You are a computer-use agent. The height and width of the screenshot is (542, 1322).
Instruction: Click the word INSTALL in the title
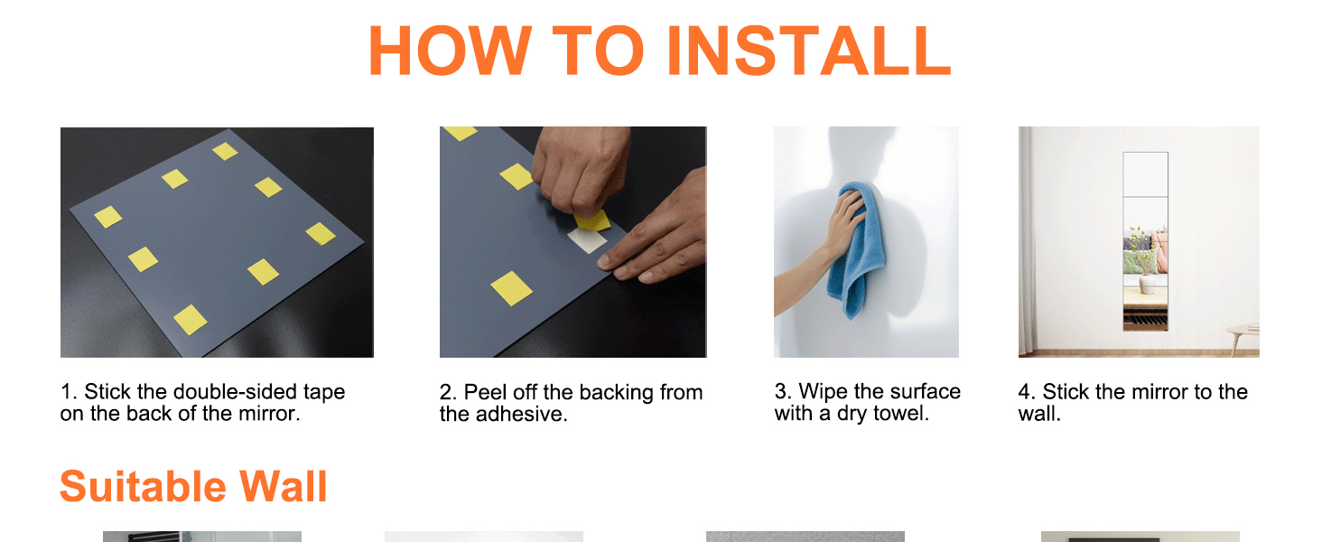tap(808, 51)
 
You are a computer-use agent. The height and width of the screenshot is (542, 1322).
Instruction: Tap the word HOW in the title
tap(451, 51)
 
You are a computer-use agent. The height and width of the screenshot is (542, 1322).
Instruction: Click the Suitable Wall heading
tap(193, 487)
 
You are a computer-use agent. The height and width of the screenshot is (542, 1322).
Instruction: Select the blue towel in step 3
tap(856, 248)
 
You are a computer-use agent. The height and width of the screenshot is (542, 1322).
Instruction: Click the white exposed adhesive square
tap(587, 240)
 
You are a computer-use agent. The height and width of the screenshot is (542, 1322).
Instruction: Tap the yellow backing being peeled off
tap(592, 220)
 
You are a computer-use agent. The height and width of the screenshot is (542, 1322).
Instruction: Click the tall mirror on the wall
tap(1145, 241)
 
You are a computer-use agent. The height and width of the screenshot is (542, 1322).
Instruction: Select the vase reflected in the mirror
tap(1147, 284)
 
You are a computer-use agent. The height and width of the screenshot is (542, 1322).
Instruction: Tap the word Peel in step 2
tap(485, 392)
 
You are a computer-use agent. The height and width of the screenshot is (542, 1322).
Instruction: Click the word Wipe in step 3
tap(824, 391)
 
